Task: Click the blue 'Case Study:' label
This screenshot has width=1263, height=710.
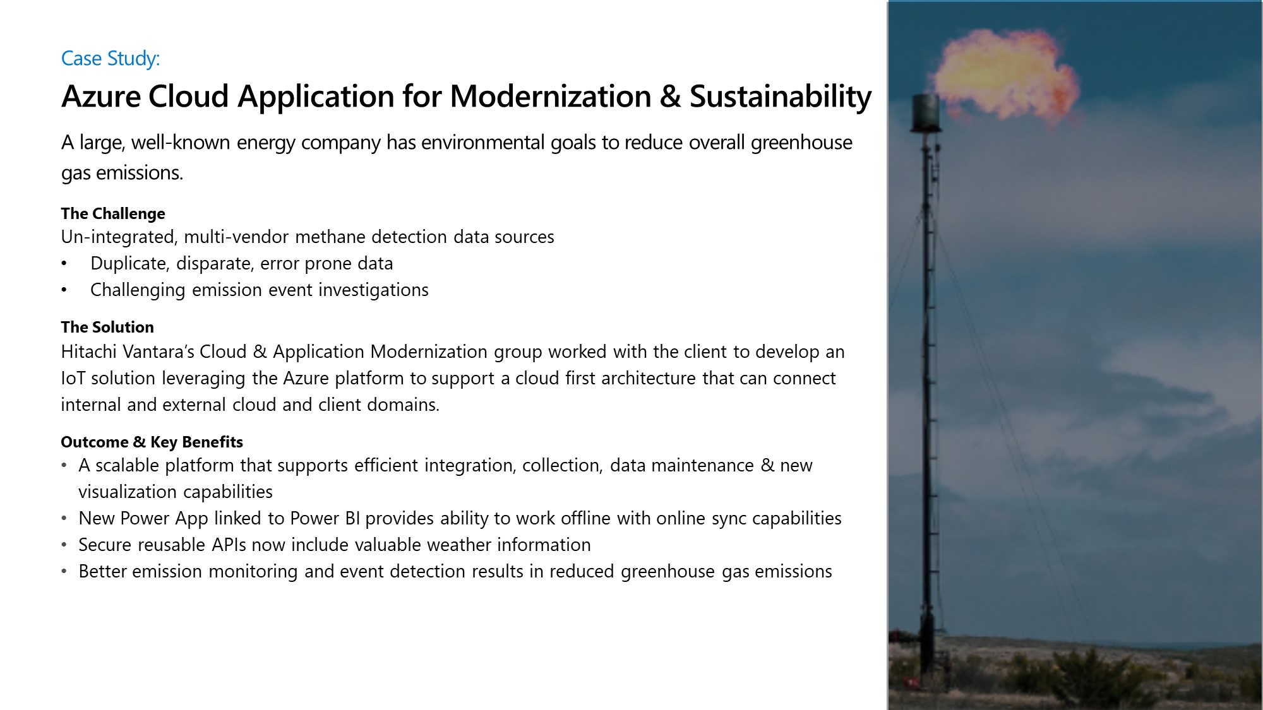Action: click(111, 59)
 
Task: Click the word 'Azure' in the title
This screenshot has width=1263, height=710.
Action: click(101, 97)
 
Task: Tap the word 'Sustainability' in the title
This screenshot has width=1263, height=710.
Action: click(781, 98)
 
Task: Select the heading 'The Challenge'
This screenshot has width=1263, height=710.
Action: click(113, 214)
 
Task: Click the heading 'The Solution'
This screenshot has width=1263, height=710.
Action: click(107, 327)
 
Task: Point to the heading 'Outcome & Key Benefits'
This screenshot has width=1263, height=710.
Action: click(152, 442)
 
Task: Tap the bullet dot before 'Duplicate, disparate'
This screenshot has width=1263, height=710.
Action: click(64, 264)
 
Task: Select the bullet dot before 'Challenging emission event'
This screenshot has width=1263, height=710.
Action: click(64, 290)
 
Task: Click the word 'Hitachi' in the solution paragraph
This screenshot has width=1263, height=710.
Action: click(88, 352)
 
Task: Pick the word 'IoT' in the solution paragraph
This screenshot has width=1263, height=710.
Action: click(73, 378)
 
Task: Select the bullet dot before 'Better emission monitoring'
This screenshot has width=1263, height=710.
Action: click(64, 571)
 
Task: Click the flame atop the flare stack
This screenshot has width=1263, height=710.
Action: click(1004, 73)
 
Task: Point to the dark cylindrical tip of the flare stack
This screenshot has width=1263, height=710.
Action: click(925, 114)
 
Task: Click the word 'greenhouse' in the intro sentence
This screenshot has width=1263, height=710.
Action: click(801, 143)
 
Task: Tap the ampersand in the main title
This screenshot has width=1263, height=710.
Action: click(670, 97)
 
